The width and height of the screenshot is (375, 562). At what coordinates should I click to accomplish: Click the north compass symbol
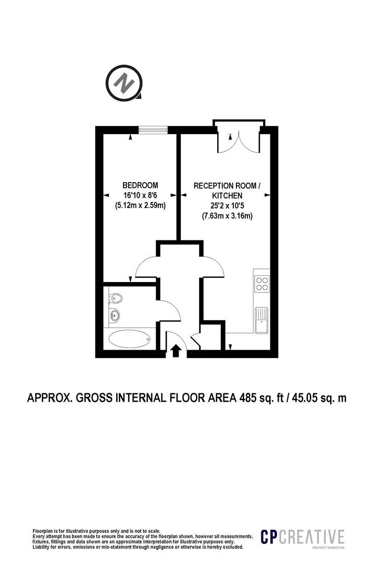pos(124,82)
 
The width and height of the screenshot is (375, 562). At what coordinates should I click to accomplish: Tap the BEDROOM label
pos(140,185)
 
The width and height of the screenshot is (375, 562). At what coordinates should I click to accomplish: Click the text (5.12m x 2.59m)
pos(140,206)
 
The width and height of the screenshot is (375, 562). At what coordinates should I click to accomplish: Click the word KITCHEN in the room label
pos(227,196)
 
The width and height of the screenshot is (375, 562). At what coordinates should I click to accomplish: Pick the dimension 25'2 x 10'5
pos(227,206)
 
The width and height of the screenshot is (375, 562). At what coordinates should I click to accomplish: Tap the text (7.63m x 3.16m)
pos(227,216)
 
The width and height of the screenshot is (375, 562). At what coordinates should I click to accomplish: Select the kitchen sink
pos(261,320)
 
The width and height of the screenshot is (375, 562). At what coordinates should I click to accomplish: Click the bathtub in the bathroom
pos(130,339)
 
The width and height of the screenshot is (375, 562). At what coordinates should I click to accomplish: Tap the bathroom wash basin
pos(115,315)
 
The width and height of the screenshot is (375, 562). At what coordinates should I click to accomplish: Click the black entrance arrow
pos(176,351)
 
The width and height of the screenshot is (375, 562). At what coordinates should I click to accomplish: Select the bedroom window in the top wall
pos(153,130)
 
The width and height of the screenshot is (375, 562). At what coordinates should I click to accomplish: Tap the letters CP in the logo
pos(269,537)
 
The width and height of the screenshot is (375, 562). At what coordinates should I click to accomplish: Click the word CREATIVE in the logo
pos(312,537)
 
